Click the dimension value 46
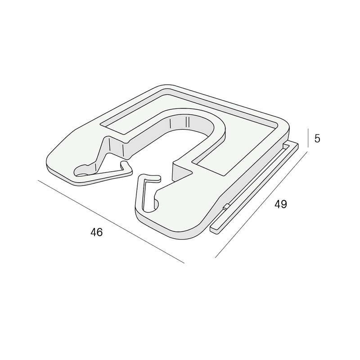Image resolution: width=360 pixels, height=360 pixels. (96, 232)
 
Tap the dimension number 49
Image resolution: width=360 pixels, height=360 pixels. (280, 204)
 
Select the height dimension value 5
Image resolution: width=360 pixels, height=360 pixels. (317, 139)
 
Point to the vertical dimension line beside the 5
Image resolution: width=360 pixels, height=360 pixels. (308, 138)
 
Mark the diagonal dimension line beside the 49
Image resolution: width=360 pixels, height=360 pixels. (261, 204)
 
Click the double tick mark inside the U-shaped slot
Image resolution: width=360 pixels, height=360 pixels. (187, 122)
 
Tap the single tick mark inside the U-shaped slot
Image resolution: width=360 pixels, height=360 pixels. (170, 123)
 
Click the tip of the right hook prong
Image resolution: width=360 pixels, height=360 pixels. (158, 178)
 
